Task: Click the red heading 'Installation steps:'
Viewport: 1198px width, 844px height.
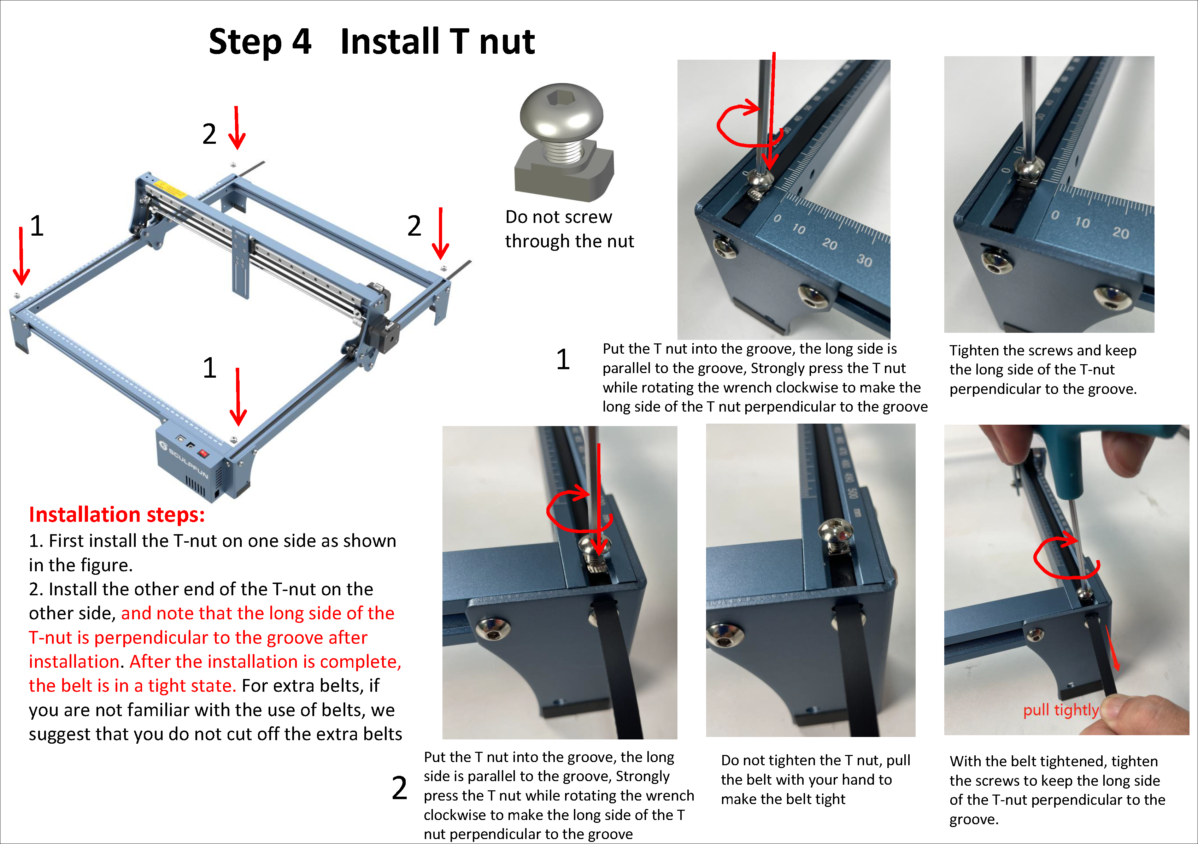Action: click(117, 515)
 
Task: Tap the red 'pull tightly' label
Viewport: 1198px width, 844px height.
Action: click(1061, 710)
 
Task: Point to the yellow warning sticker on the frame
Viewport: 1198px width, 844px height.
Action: click(169, 188)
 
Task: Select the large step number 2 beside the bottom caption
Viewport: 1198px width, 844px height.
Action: click(400, 788)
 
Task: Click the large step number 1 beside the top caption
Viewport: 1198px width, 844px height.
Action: click(563, 359)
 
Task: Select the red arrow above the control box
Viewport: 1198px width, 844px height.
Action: click(238, 396)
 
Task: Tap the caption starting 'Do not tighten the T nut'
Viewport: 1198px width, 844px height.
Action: click(816, 779)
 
